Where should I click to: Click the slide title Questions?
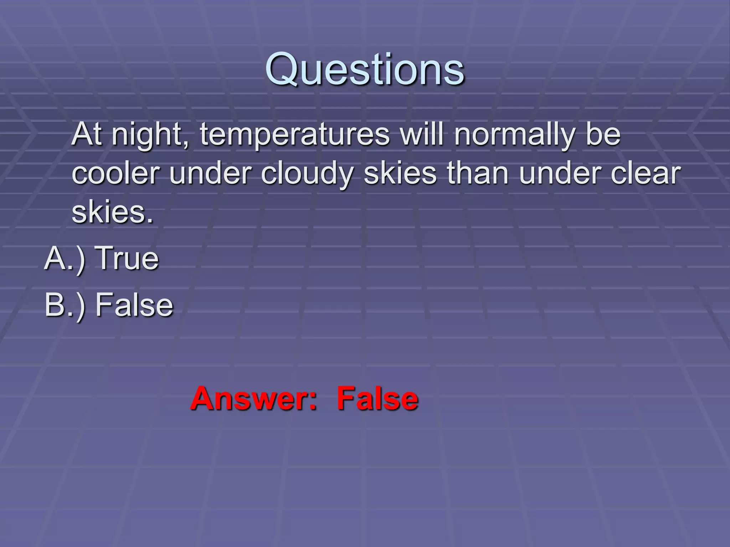[x=365, y=69]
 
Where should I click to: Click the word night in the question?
[x=150, y=136]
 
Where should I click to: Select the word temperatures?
[x=295, y=136]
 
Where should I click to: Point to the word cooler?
[x=116, y=174]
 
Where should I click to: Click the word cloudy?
[x=307, y=174]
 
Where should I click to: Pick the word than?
[x=478, y=174]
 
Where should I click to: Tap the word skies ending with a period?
[x=112, y=213]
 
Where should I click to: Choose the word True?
[x=128, y=259]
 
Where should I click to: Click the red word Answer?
[x=253, y=399]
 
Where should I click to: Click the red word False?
[x=377, y=399]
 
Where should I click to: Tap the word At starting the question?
[x=87, y=135]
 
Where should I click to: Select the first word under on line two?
[x=210, y=174]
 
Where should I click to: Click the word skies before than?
[x=400, y=174]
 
